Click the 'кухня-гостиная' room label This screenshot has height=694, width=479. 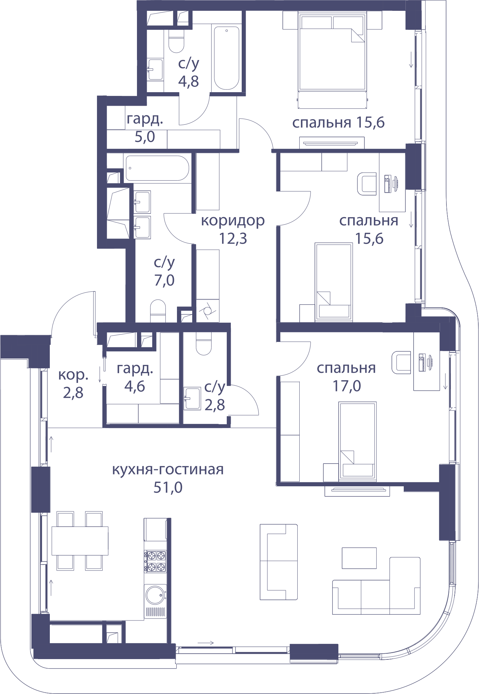168,470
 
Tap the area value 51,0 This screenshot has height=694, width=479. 168,487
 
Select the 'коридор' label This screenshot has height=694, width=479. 233,221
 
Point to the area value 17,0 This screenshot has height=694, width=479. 346,386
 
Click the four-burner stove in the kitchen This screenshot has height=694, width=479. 155,561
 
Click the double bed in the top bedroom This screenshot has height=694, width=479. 332,60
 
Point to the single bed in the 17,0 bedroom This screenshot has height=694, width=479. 358,441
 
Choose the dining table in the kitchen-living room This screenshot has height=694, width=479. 80,541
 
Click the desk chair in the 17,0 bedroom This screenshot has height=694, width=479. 401,362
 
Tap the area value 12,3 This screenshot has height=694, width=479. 233,239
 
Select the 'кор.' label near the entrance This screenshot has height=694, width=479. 73,375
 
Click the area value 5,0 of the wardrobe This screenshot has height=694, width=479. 145,137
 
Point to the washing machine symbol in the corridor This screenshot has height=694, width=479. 207,311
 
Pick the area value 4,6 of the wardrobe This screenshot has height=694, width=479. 135,386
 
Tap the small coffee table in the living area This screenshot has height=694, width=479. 359,558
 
